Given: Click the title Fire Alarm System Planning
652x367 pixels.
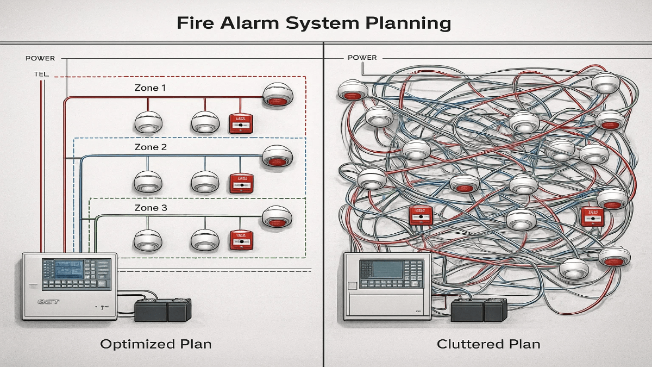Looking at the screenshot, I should tap(314, 23).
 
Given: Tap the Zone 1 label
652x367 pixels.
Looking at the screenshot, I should tap(147, 88).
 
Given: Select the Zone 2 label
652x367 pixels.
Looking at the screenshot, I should tap(147, 147).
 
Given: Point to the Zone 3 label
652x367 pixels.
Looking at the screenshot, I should tap(147, 208).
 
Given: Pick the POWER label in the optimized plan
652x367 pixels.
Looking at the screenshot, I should tap(40, 58).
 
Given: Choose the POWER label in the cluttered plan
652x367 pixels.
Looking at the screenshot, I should tap(362, 58).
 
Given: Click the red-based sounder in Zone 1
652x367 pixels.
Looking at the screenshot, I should tap(278, 95).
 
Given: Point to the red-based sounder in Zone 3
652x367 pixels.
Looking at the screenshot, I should tap(278, 217).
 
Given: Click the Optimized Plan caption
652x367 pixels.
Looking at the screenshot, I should tap(156, 344).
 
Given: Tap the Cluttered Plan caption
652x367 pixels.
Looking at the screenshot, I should tap(488, 344).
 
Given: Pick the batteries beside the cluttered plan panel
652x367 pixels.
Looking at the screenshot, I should tap(479, 311).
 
